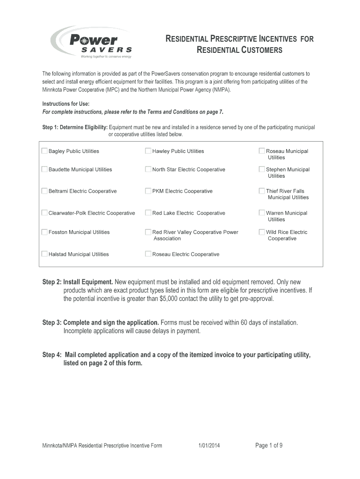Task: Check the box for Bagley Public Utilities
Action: pyautogui.click(x=44, y=151)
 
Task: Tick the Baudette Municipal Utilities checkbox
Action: pyautogui.click(x=44, y=169)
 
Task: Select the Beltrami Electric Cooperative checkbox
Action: pyautogui.click(x=44, y=191)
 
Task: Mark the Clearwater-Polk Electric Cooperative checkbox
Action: pyautogui.click(x=44, y=213)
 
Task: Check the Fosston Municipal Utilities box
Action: pyautogui.click(x=44, y=232)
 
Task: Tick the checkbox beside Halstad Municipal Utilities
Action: pyautogui.click(x=44, y=254)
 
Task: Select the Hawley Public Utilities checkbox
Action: pyautogui.click(x=148, y=151)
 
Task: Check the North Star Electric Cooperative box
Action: pyautogui.click(x=148, y=169)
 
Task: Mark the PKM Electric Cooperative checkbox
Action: pyautogui.click(x=148, y=191)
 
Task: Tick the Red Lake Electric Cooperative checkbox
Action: pyautogui.click(x=148, y=213)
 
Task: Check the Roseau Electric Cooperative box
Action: pyautogui.click(x=148, y=254)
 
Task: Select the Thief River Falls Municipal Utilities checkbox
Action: pyautogui.click(x=262, y=191)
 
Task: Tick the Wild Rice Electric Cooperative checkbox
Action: pyautogui.click(x=262, y=232)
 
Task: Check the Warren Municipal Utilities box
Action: pyautogui.click(x=262, y=213)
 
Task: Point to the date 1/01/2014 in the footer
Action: pyautogui.click(x=209, y=446)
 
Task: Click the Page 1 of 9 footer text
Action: pyautogui.click(x=269, y=445)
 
